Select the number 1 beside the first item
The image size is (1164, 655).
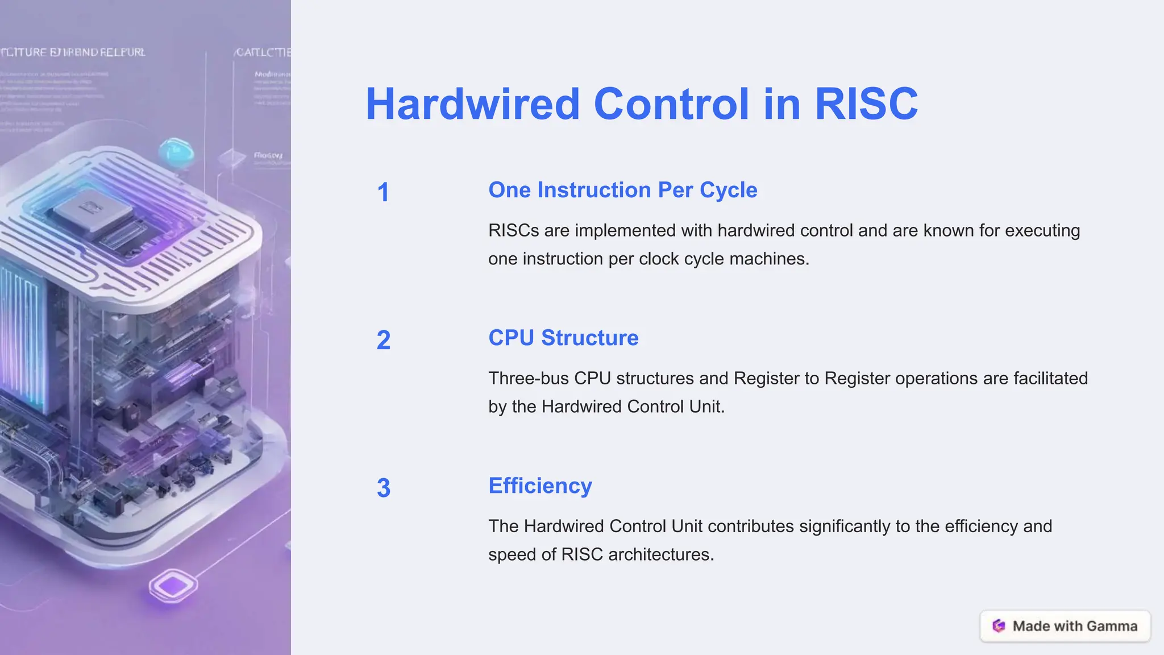(383, 192)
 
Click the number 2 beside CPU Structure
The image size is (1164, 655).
(383, 340)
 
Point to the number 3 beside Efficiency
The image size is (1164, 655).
(383, 488)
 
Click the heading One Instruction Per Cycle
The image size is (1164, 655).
(622, 190)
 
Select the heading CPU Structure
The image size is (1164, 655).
(563, 338)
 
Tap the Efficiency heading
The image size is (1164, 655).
(540, 486)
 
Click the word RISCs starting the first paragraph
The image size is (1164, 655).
(513, 230)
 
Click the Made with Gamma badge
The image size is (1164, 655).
(1065, 626)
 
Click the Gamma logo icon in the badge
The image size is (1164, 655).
(999, 626)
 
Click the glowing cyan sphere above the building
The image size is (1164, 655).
(176, 152)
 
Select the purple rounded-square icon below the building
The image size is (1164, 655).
(173, 586)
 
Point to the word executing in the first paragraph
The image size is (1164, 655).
(1042, 230)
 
